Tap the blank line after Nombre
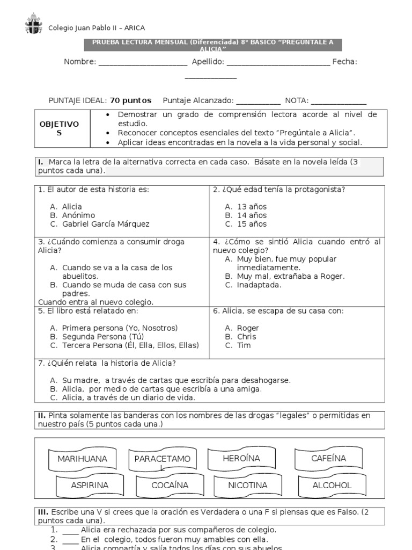[143, 63]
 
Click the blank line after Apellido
[278, 63]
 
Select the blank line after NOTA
[339, 102]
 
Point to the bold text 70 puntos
[130, 100]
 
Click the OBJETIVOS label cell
[59, 128]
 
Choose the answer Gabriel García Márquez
[106, 224]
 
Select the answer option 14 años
[252, 215]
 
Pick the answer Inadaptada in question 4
[259, 285]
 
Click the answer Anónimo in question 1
[78, 215]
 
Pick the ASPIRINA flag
[90, 486]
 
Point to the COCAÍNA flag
[170, 486]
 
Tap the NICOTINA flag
[247, 486]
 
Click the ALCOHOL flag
[332, 486]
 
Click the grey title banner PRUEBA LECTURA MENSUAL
[213, 45]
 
